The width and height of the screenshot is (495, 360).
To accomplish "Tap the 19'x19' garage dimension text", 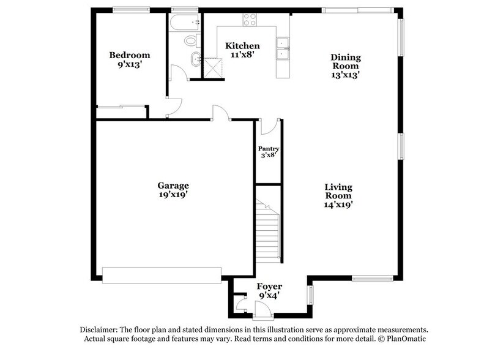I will tap(173, 195).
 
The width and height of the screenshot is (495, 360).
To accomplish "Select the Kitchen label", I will tap(242, 46).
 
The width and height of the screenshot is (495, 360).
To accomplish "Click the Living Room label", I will tap(338, 191).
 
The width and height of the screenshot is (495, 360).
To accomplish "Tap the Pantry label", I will tap(268, 149).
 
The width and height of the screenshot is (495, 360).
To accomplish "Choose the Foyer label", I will tap(269, 285).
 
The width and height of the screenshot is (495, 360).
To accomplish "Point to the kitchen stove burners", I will tap(250, 19).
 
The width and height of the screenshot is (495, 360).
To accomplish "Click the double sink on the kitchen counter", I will tap(283, 50).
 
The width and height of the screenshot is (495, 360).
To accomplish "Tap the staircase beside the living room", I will tap(267, 230).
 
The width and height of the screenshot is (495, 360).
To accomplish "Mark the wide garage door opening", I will tap(162, 275).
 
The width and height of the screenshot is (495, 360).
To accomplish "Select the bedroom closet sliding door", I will tap(121, 108).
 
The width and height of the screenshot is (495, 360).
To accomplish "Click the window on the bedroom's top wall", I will tap(131, 9).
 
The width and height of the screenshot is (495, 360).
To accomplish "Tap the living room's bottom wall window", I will tap(372, 279).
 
